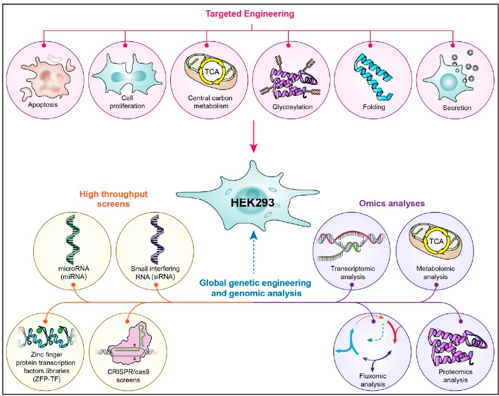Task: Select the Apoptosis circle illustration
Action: coord(44,81)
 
